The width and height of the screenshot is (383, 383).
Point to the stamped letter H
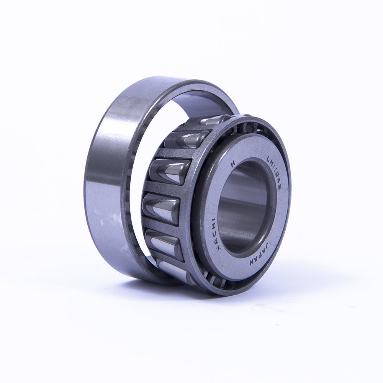coord(232,164)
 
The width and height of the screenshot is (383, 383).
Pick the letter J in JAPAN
coord(267,246)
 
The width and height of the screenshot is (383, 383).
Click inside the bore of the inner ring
coord(241,207)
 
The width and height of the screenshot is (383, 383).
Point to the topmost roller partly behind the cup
coord(209,120)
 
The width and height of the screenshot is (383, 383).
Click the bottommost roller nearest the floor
coord(172,270)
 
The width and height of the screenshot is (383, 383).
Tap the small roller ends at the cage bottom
coord(214,282)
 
